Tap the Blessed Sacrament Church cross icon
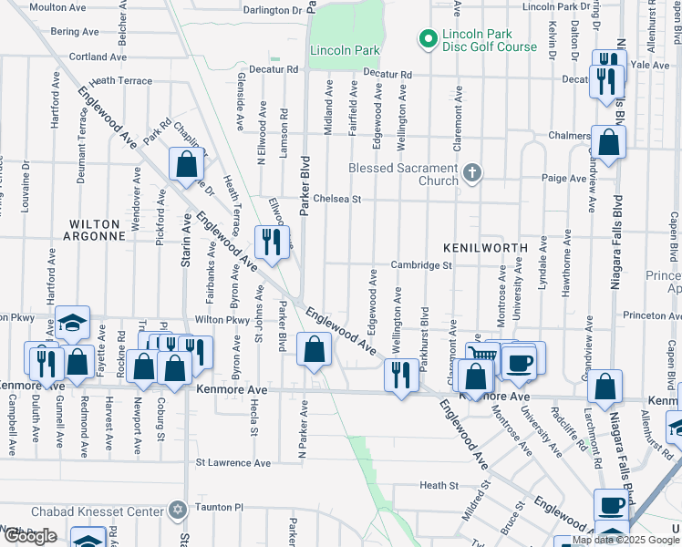point(471,172)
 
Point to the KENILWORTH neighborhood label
point(485,248)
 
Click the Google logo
point(30,536)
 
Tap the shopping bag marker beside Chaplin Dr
point(186,164)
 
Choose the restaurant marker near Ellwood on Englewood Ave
point(270,241)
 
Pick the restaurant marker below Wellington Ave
point(402,373)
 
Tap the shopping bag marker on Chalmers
point(608,141)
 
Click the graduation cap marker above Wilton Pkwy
point(72,322)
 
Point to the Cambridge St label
point(422,265)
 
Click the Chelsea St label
point(337,199)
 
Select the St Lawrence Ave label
point(234,463)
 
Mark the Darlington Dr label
point(273,11)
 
